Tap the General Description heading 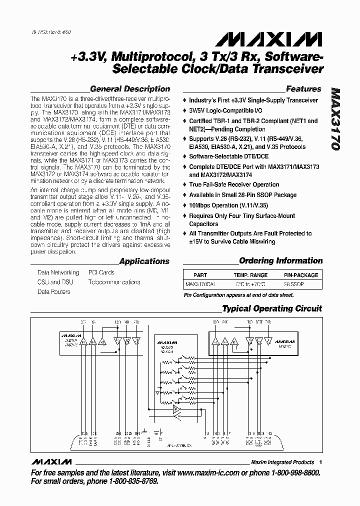(x=129, y=89)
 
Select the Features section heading (x=303, y=89)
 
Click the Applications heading (x=144, y=261)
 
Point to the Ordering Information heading (x=280, y=260)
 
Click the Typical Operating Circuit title (x=272, y=308)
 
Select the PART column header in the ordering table (x=200, y=275)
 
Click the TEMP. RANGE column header (x=250, y=275)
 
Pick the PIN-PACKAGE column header (x=300, y=275)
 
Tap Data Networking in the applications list (x=58, y=272)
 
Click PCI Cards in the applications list (x=101, y=272)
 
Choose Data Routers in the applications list (x=53, y=291)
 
